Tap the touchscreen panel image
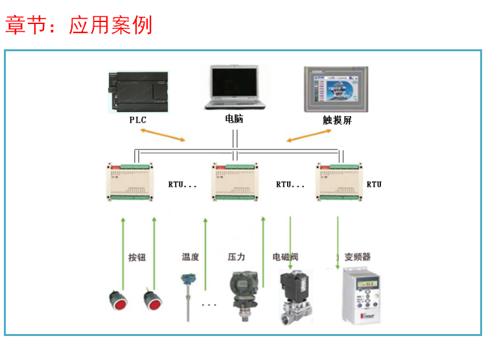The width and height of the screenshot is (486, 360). coord(337,90)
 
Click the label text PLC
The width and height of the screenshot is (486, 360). coord(138,120)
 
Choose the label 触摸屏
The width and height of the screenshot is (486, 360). coord(337,120)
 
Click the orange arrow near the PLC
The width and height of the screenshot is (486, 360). coord(161,135)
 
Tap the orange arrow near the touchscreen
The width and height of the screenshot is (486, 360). coord(308,135)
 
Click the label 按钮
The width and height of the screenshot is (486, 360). coord(137,258)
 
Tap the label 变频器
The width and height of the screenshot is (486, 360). coord(358,257)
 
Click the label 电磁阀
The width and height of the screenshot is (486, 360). coord(285,257)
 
